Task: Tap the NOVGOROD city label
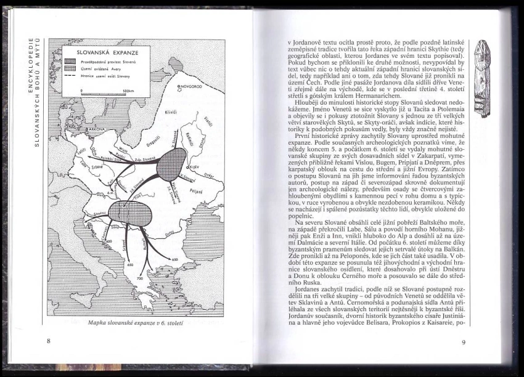point(192,87)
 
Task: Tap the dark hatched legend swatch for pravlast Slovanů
point(78,62)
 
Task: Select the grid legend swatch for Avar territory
point(78,69)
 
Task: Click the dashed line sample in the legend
point(78,76)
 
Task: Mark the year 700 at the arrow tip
point(140,278)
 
